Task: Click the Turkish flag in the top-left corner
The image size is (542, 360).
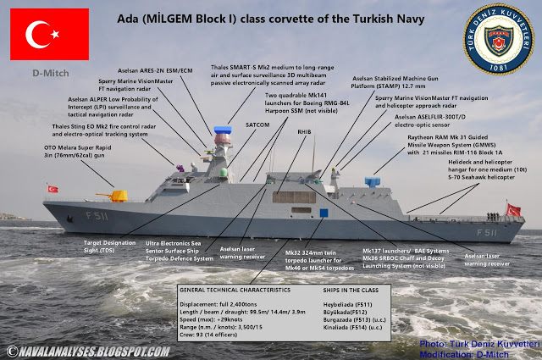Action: [x=47, y=34]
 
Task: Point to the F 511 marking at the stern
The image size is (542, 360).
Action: [x=486, y=231]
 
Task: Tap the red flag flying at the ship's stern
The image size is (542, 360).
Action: [x=512, y=209]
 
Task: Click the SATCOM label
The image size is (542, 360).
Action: [x=257, y=125]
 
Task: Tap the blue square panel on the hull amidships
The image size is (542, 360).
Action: [x=323, y=213]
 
